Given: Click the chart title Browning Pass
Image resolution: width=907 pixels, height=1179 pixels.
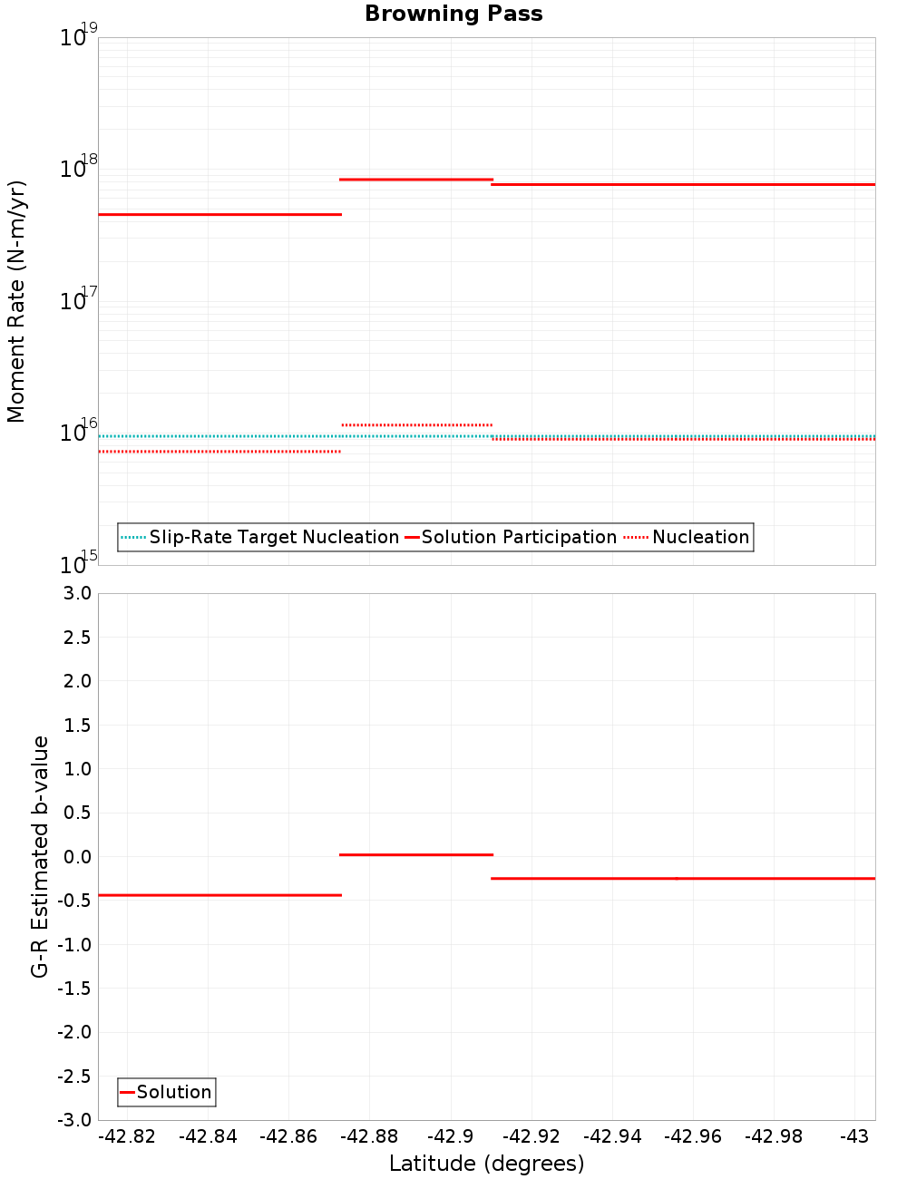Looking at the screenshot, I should (x=453, y=14).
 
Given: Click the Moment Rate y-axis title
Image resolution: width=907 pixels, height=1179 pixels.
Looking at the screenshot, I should (x=16, y=301).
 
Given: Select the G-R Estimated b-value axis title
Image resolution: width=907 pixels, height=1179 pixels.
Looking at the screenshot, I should (x=40, y=856).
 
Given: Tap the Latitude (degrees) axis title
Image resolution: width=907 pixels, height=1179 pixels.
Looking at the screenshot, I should (x=486, y=1164).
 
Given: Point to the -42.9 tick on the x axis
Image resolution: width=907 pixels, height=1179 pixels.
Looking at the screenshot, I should (x=450, y=1136).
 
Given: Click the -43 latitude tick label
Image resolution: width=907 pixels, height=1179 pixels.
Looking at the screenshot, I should (x=854, y=1136).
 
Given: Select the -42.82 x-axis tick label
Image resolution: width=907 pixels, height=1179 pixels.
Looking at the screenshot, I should (x=127, y=1136).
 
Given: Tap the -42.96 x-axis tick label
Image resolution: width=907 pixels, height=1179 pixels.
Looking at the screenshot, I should (x=693, y=1136).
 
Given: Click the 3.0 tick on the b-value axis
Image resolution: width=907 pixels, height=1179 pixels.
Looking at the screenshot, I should (x=76, y=593).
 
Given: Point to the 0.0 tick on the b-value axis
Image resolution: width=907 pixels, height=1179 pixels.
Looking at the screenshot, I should (x=76, y=856).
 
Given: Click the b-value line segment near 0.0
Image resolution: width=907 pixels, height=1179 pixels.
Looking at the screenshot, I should (x=415, y=854).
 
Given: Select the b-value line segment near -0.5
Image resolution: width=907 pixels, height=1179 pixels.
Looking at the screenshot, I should (x=219, y=895).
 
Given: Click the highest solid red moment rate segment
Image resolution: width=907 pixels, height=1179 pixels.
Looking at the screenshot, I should (x=415, y=180).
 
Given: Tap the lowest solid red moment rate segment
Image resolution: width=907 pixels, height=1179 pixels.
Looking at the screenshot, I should (x=219, y=214).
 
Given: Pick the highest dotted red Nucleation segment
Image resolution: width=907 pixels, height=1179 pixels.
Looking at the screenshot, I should (x=417, y=424).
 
